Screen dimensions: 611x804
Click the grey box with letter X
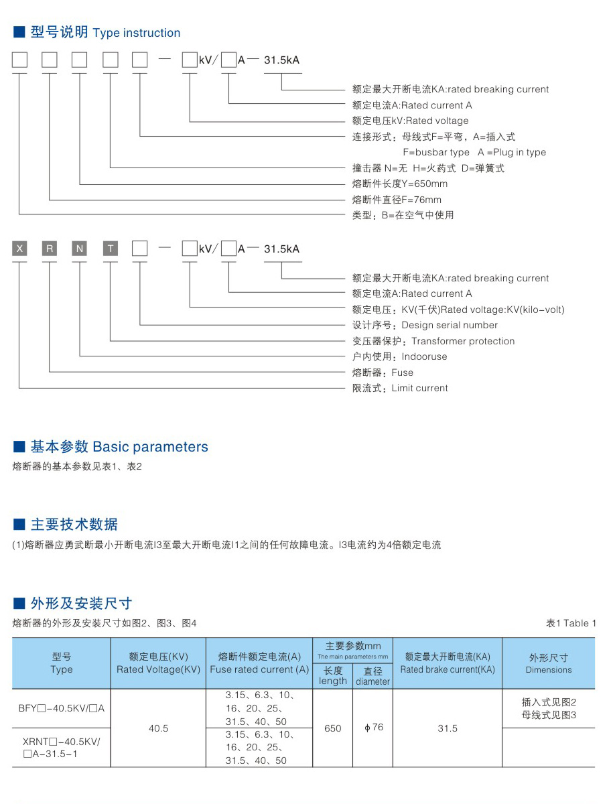coord(20,249)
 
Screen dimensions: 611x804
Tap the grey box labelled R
coord(50,249)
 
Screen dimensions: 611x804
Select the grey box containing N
coord(80,249)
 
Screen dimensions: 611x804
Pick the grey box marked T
coord(110,249)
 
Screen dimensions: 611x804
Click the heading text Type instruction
coord(137,33)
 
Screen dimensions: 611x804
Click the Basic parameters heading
coord(151,446)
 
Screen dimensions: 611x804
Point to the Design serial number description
coord(450,325)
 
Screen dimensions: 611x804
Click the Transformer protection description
coord(463,341)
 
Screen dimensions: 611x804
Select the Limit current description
coord(419,388)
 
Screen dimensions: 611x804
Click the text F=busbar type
coord(436,152)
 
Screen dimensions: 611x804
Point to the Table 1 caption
coord(571,623)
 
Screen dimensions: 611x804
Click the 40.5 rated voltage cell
coord(159,728)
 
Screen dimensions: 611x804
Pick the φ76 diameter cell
coord(374,727)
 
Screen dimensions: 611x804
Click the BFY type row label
coord(61,708)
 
